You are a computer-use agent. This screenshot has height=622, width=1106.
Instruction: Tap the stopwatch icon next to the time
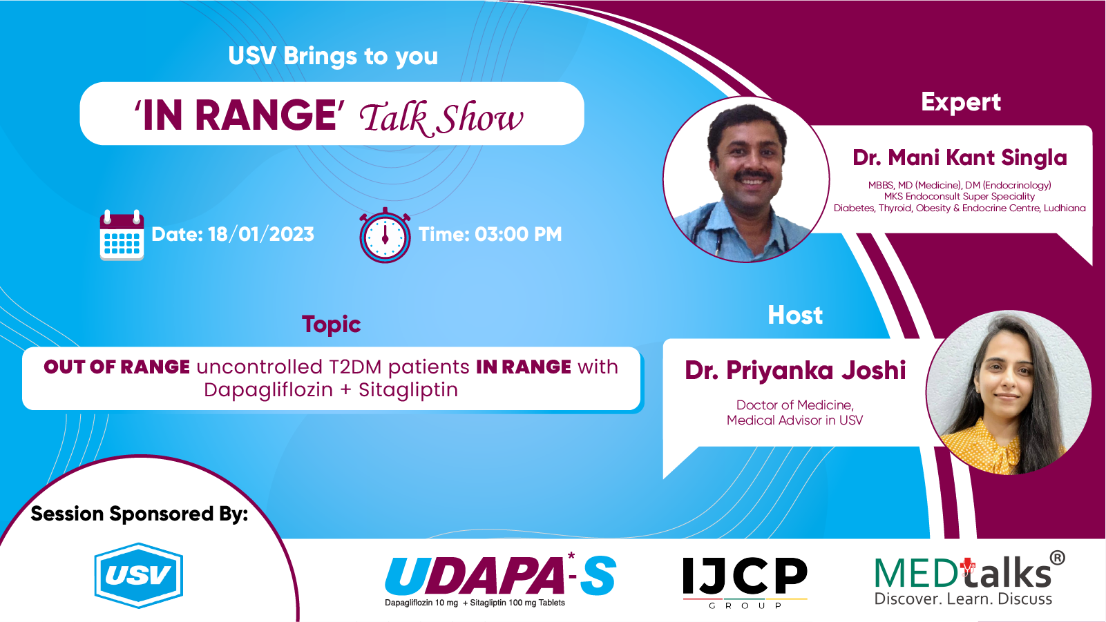tap(385, 235)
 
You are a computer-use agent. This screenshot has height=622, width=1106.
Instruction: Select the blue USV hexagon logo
tap(139, 575)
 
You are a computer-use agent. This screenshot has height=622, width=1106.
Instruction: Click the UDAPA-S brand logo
tap(500, 580)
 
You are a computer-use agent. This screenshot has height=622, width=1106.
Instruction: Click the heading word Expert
tap(961, 103)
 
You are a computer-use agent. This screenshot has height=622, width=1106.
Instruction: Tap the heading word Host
tap(795, 315)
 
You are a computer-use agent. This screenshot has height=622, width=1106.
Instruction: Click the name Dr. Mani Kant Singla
tap(960, 158)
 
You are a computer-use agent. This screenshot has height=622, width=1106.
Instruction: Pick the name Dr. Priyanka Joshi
tap(795, 371)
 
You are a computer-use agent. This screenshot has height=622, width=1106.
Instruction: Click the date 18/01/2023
tap(261, 235)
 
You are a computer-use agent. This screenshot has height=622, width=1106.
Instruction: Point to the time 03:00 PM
tap(518, 235)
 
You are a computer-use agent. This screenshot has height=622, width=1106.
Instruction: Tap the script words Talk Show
tap(441, 119)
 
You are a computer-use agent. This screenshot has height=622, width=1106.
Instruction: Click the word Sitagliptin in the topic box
tap(408, 390)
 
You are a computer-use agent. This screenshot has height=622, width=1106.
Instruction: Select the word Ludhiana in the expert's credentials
tap(1065, 208)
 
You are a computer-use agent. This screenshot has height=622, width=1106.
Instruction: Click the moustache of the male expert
tap(752, 175)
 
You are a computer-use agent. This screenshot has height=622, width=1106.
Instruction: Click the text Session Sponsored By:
tap(140, 514)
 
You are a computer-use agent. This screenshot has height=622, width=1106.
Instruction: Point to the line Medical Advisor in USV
tap(795, 420)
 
